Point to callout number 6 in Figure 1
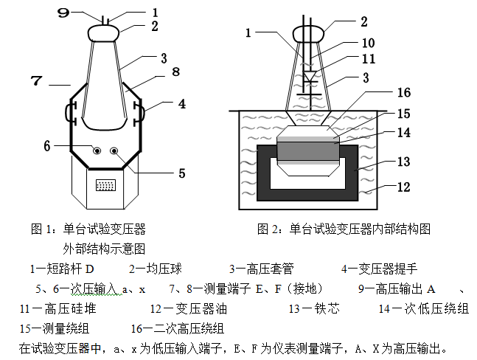pos(46,145)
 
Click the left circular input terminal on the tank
pos(97,151)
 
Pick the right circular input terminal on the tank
pos(115,151)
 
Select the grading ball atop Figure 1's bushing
pos(103,32)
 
